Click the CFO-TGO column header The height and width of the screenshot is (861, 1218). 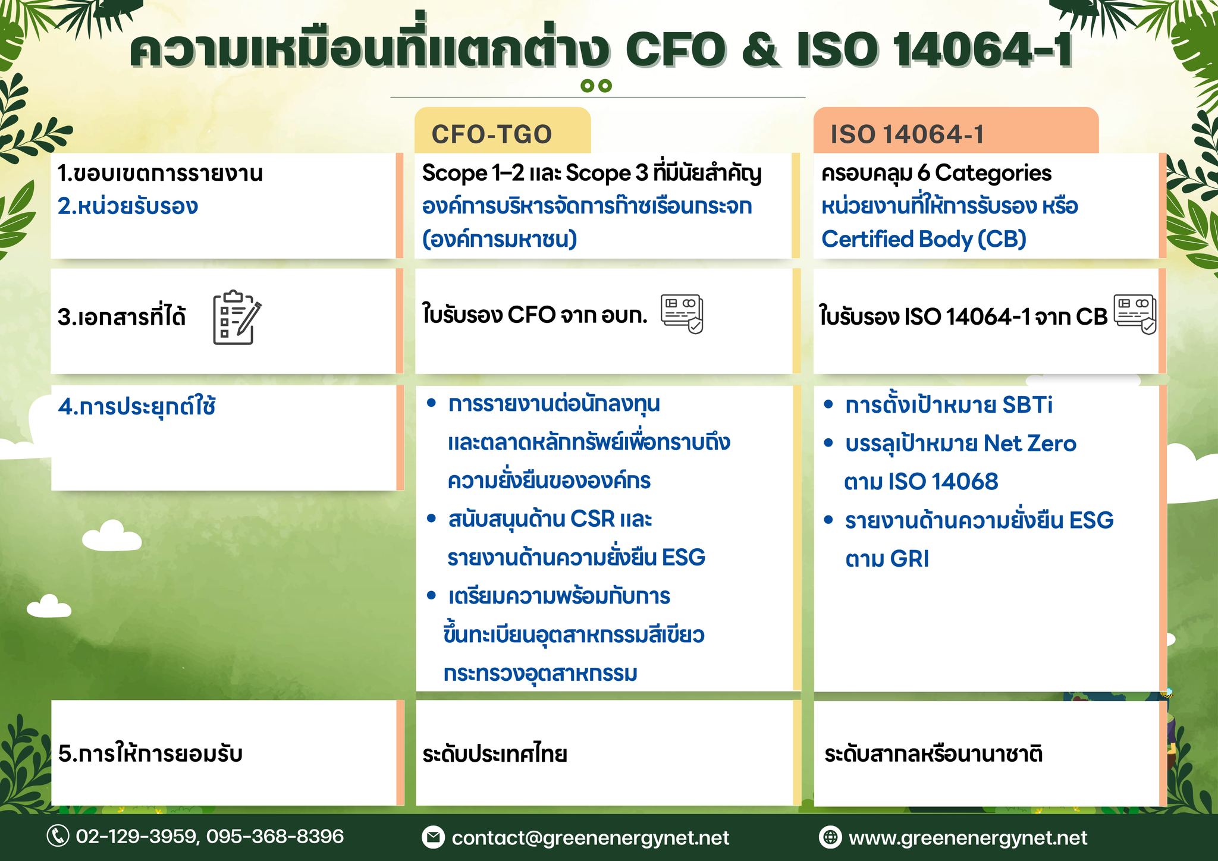tap(492, 134)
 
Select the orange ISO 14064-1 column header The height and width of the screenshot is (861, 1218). tap(907, 134)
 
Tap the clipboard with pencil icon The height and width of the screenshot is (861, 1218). tap(237, 317)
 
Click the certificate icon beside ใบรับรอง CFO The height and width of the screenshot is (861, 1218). tap(682, 313)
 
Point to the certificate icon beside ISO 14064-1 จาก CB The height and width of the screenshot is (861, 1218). tap(1135, 314)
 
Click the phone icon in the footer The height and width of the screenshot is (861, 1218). tap(58, 836)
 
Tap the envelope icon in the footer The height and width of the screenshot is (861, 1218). tap(433, 837)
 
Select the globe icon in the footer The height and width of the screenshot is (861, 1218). tap(830, 837)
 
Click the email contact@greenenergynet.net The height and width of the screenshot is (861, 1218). tap(590, 838)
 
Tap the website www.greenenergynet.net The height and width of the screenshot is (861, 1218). tap(968, 838)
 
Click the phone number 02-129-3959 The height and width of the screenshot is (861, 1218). tap(137, 837)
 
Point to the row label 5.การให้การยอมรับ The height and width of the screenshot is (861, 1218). tap(150, 753)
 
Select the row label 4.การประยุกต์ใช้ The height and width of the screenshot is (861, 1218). tap(137, 407)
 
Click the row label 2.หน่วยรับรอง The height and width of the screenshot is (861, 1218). tap(128, 206)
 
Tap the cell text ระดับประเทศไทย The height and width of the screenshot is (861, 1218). tap(494, 754)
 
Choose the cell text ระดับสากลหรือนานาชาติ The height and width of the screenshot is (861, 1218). tap(933, 754)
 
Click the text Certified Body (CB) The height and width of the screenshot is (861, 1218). tap(924, 239)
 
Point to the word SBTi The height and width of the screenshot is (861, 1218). tap(1027, 405)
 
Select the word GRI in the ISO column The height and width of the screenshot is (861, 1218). tap(909, 559)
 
